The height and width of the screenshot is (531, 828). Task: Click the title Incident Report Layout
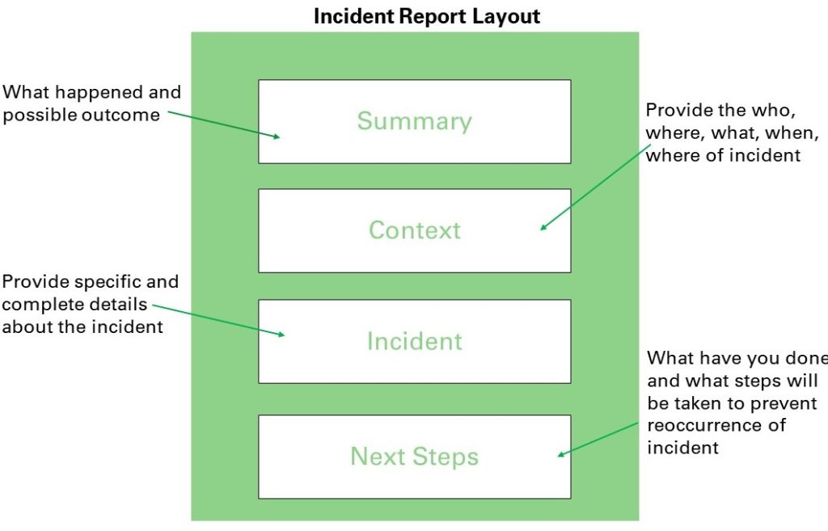click(427, 16)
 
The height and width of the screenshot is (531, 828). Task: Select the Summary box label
click(415, 121)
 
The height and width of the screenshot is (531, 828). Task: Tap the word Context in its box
click(415, 230)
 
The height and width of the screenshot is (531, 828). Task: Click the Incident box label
click(415, 341)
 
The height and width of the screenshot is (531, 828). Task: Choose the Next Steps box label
click(415, 457)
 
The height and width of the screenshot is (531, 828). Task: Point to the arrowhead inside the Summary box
click(277, 137)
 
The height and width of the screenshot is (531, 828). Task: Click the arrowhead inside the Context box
click(543, 227)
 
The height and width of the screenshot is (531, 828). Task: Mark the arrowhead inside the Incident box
click(281, 334)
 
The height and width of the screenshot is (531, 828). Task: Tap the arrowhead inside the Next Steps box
click(561, 453)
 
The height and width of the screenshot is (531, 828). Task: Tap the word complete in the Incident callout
click(36, 305)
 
